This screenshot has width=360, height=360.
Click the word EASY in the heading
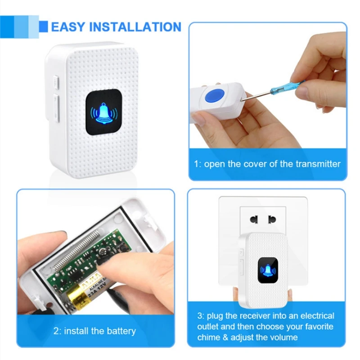point(68,27)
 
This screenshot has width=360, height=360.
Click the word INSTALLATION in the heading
point(135,27)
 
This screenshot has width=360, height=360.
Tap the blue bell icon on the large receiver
point(104,113)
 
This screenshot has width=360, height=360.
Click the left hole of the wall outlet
point(254,220)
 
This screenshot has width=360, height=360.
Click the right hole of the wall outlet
point(272,220)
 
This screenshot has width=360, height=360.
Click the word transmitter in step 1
point(318,164)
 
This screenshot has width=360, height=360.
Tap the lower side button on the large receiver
point(57,108)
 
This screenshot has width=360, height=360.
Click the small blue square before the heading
point(43,27)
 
